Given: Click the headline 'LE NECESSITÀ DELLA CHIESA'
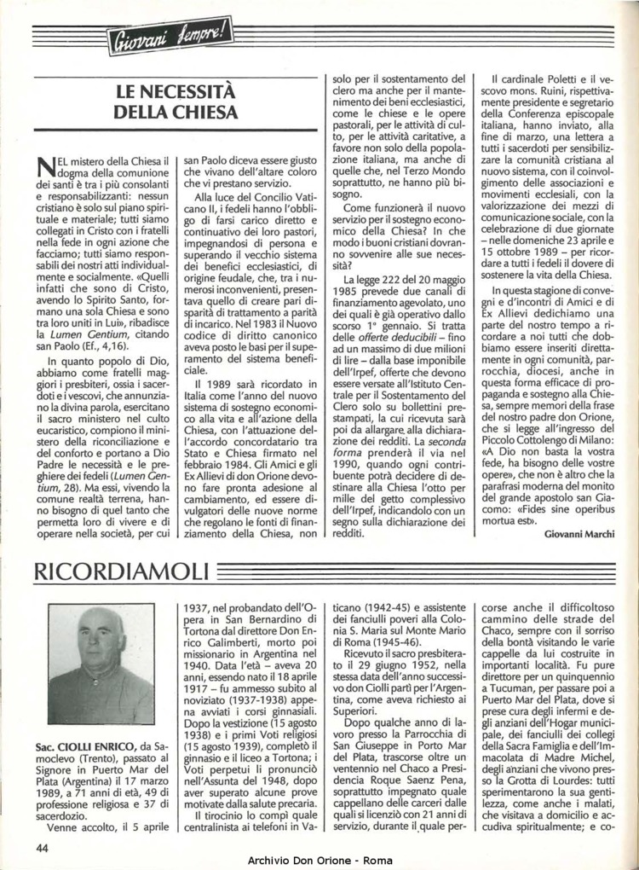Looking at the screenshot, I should tap(176, 101).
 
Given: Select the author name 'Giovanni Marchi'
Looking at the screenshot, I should tap(584, 533).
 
